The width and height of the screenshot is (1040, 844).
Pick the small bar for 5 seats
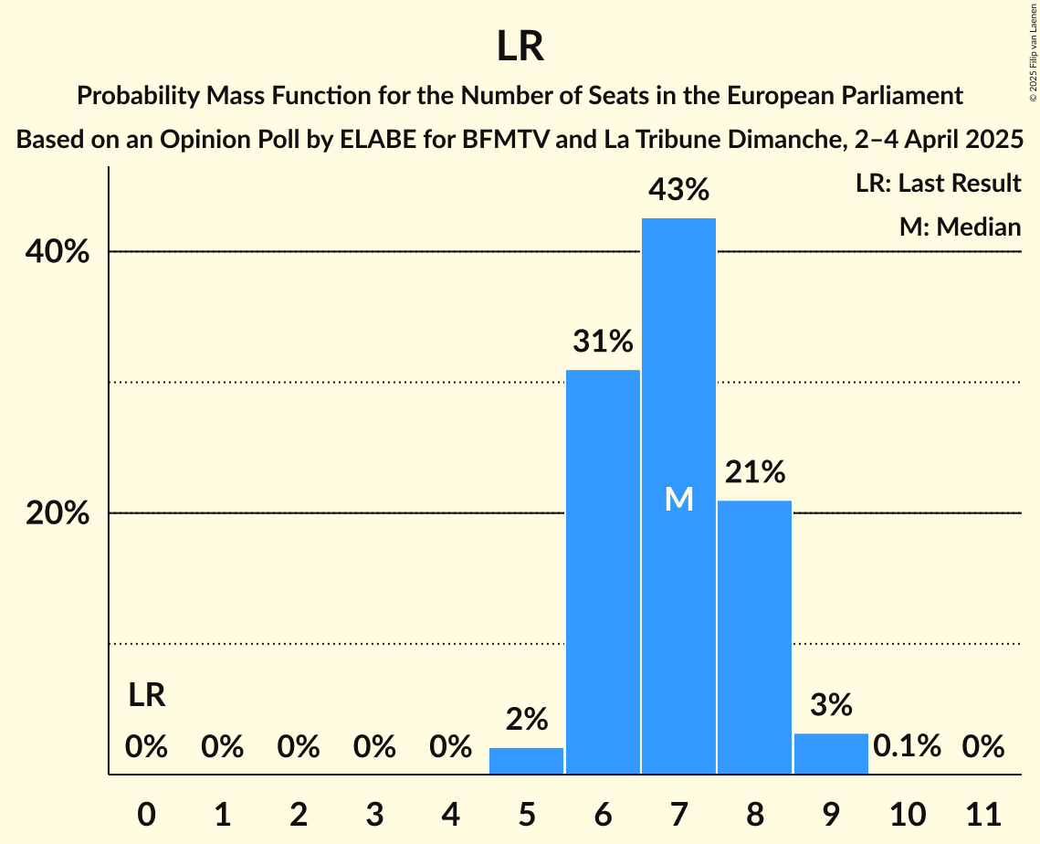click(526, 761)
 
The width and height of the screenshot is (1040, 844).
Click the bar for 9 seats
click(831, 754)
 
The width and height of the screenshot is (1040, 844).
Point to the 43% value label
click(678, 190)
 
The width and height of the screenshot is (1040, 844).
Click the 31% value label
click(603, 342)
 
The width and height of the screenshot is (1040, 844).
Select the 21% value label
click(754, 472)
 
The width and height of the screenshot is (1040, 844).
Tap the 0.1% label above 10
click(907, 746)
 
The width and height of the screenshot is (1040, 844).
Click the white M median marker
click(678, 499)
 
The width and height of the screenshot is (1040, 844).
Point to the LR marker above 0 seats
click(146, 695)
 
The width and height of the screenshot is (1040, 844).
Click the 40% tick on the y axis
click(58, 252)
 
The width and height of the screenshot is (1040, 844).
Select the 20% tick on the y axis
click(58, 513)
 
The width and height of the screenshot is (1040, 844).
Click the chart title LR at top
click(520, 47)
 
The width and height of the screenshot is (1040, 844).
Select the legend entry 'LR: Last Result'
click(938, 184)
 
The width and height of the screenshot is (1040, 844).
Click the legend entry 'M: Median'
click(960, 227)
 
